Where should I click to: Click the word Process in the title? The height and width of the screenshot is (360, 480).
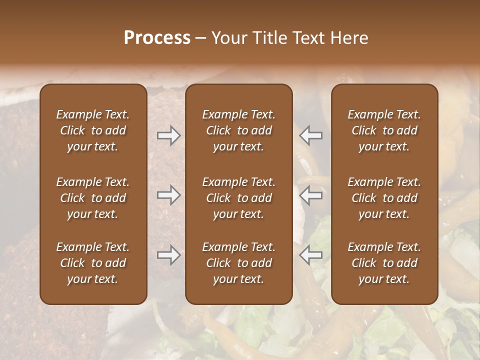[157, 38]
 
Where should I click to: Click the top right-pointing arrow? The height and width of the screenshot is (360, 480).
[168, 135]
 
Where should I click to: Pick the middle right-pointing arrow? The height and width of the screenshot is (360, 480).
[168, 195]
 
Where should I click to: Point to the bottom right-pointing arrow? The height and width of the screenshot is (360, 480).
[168, 255]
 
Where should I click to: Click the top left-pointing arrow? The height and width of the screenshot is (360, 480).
[311, 135]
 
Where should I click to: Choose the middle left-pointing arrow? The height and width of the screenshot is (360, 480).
[311, 195]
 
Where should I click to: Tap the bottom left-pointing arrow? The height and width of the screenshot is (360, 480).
[311, 255]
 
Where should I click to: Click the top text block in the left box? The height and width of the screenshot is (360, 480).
[93, 130]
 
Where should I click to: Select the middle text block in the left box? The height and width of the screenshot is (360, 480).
[93, 198]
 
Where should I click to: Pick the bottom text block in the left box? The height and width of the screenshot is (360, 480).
[93, 263]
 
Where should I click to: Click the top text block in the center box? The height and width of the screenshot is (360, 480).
[239, 130]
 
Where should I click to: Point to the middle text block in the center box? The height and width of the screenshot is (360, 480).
[239, 198]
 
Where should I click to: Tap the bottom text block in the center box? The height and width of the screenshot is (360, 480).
[239, 263]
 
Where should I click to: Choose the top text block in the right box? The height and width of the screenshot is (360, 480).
[384, 130]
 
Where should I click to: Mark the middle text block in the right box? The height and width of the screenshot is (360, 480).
[384, 198]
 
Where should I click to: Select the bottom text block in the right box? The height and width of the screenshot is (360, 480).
[384, 263]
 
